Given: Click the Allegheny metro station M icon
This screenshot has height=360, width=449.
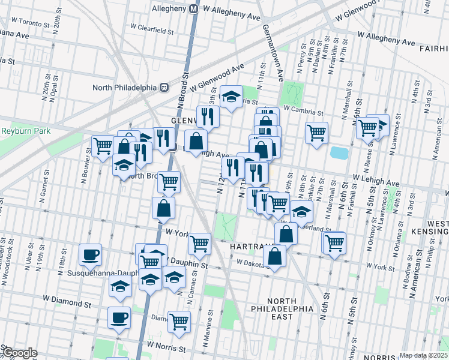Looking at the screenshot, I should pos(193,9).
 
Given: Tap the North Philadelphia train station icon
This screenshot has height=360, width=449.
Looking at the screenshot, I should pos(163,87).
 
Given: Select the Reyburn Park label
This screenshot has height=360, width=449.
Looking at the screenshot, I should pos(25,131).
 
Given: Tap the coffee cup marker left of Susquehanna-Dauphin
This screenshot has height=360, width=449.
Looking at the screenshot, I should pos(90,254).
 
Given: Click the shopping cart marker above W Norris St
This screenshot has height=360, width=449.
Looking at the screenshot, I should pos(179,321).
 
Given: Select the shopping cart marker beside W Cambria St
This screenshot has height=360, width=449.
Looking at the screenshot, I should pos(316,132).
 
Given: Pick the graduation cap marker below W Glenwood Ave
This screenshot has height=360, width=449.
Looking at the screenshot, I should pos(231,97).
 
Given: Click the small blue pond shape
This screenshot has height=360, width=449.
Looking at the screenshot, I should pos(339,152).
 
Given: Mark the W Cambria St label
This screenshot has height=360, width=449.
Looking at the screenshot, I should pos(304,112).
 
